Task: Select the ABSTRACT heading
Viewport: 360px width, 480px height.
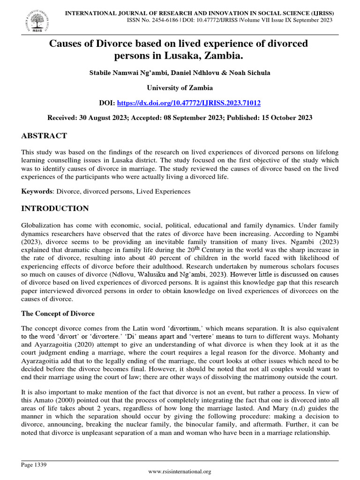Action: pos(44,136)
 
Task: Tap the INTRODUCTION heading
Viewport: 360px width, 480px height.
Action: pos(55,208)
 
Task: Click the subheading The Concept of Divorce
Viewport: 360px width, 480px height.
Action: pos(58,314)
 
